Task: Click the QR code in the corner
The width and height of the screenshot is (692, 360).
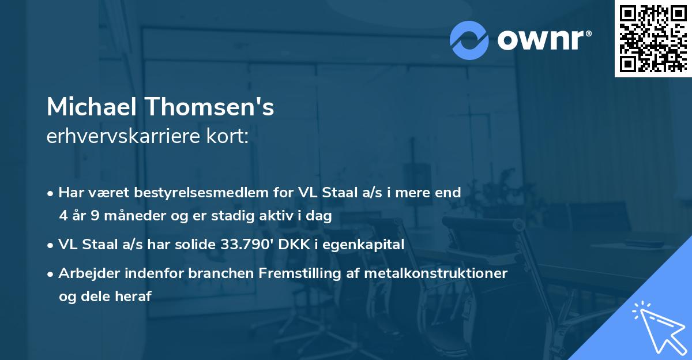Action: coord(653,39)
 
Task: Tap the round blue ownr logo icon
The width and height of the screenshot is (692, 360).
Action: coord(469,40)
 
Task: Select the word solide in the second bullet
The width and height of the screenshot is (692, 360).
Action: coord(194,245)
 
